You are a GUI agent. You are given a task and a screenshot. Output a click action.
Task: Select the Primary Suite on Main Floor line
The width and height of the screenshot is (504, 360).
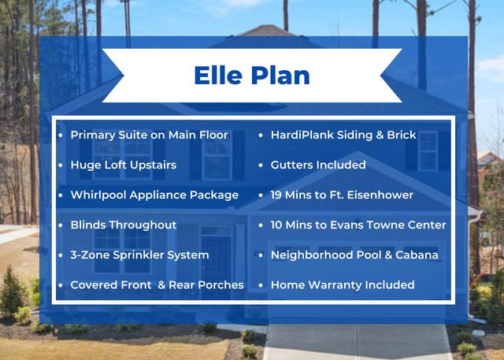(x=149, y=135)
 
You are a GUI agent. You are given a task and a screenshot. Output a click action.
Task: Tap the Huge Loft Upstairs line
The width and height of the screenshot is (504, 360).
(x=123, y=165)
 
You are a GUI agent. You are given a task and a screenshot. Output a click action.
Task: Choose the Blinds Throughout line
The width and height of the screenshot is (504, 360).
(x=123, y=225)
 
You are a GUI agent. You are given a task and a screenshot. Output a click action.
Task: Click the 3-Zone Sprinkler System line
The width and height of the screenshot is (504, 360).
(x=139, y=254)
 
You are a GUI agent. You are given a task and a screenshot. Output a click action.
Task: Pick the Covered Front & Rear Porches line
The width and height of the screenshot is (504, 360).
(x=157, y=284)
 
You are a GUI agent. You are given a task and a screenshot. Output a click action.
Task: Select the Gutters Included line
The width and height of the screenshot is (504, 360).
(x=317, y=165)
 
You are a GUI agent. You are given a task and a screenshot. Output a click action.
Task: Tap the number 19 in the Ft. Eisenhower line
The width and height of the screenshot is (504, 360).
(x=278, y=195)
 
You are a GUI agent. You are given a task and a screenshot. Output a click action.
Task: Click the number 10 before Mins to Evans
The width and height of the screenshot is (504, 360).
(x=278, y=225)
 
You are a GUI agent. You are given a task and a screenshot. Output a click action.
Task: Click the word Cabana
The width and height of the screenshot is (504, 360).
(x=417, y=254)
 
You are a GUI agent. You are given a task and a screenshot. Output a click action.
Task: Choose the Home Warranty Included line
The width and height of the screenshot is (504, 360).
(x=342, y=284)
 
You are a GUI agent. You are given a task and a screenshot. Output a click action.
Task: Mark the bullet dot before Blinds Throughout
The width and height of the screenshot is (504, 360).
(x=61, y=225)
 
